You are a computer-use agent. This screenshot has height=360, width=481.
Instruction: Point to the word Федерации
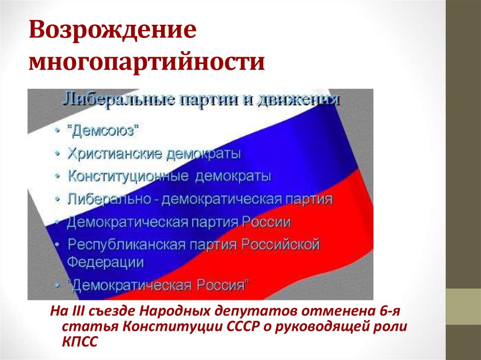106,262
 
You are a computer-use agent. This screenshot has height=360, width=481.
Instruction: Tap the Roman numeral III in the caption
75,312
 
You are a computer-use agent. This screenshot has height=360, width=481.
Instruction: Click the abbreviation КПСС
79,343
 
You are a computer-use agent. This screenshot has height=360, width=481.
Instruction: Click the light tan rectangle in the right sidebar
463,306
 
